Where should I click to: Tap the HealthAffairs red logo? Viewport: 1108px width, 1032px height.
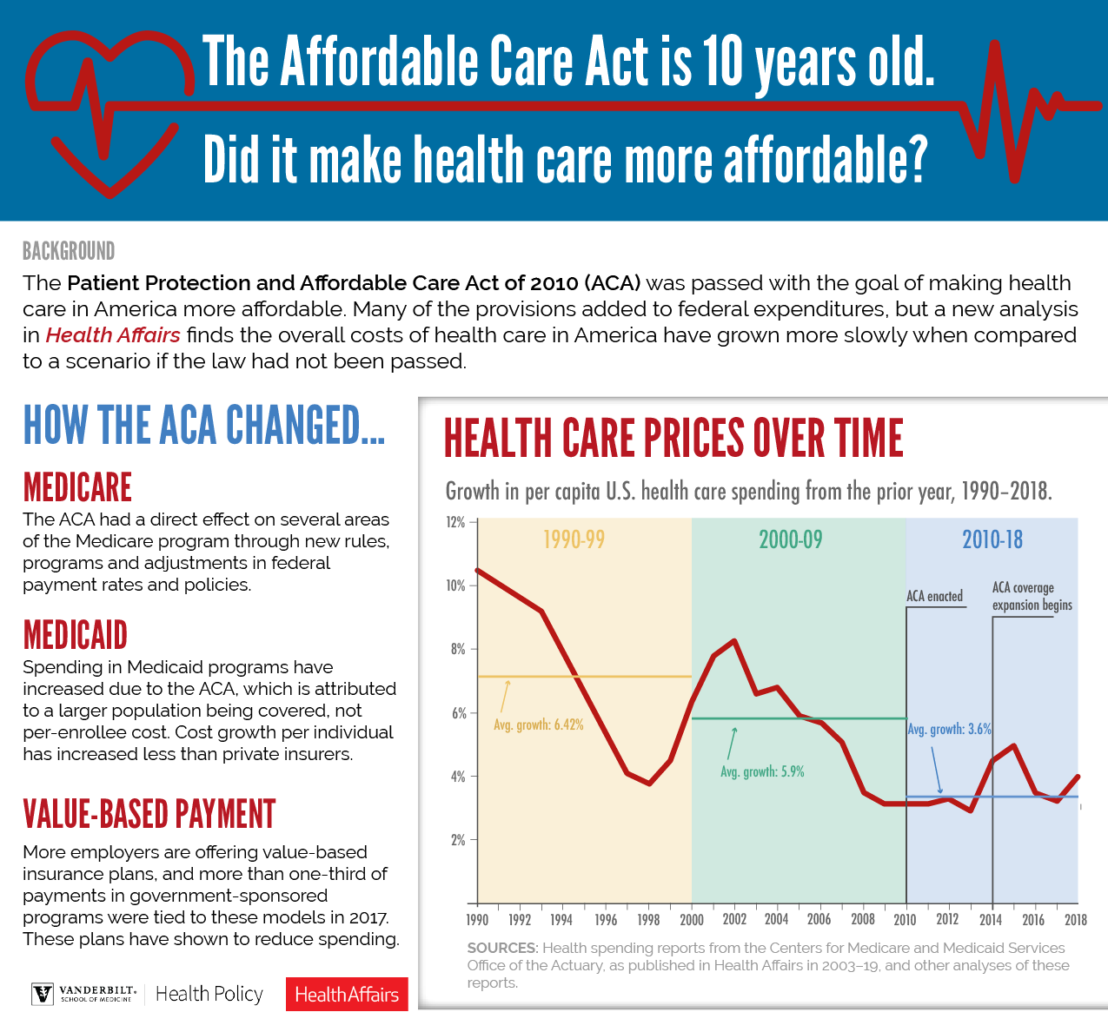point(347,995)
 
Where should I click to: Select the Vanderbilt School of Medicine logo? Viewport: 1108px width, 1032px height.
point(84,994)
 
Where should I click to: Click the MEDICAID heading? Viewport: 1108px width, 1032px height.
point(76,635)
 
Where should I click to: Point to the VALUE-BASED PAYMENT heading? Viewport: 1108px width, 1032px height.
point(149,814)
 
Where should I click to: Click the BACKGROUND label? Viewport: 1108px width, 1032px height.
point(69,252)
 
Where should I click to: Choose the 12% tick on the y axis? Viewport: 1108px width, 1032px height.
point(456,522)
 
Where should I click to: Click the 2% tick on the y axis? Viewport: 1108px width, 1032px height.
point(458,840)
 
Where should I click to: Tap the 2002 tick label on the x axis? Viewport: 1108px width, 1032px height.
point(734,920)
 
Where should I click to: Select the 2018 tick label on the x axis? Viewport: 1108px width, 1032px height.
point(1076,920)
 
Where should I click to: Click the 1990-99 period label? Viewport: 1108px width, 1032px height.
point(574,539)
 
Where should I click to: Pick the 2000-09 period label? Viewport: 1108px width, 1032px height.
point(790,539)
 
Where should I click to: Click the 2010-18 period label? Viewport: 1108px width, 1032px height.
point(992,539)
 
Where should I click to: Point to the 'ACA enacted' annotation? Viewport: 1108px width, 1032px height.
point(934,596)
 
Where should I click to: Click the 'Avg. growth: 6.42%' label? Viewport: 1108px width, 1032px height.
point(539,724)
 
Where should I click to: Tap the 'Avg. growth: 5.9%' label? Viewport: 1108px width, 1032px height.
point(762,771)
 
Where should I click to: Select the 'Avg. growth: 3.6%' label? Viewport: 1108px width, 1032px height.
point(949,730)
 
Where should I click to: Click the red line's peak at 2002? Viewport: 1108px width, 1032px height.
point(735,641)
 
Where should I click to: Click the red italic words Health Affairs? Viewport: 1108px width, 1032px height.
point(113,335)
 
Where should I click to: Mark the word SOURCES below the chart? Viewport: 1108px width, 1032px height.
point(501,948)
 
